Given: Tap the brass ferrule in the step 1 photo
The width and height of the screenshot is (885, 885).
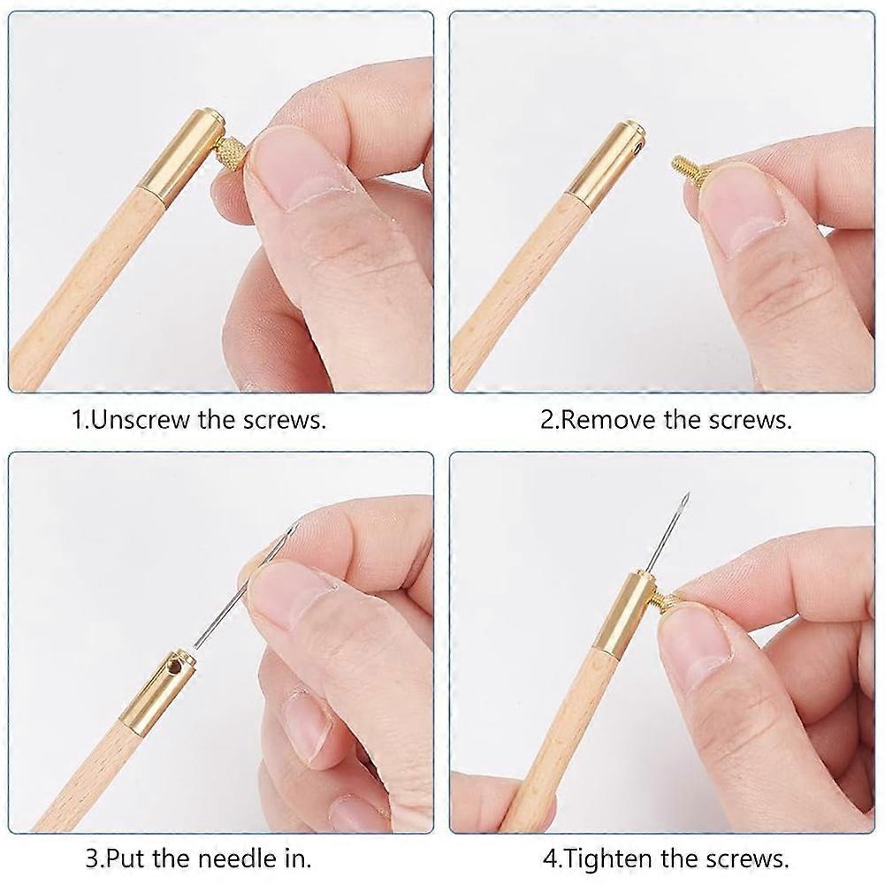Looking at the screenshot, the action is point(183,156).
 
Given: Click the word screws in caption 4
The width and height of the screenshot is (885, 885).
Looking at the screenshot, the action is point(745,859).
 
